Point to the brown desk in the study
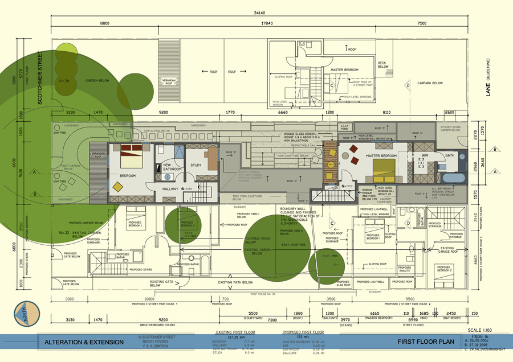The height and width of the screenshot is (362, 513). click(212, 158)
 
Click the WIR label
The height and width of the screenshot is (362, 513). click(424, 154)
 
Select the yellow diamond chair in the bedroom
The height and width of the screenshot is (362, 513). click(117, 186)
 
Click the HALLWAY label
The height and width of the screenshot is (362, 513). click(169, 188)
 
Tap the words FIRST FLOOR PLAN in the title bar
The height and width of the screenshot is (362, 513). click(426, 342)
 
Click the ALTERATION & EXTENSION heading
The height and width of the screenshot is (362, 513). click(84, 342)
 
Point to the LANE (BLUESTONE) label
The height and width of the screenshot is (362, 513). click(488, 77)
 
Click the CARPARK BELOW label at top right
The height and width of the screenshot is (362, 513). click(429, 83)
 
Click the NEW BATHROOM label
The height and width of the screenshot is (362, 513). click(172, 167)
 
